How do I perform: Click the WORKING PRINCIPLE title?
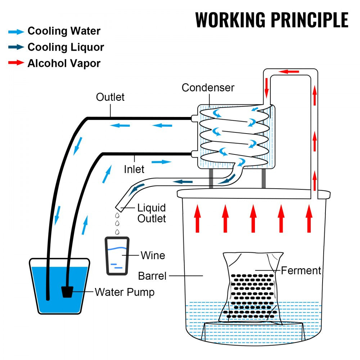click(x=272, y=20)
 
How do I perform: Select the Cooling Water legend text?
click(x=64, y=31)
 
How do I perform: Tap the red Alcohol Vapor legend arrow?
click(x=16, y=63)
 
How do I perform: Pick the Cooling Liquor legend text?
click(x=66, y=47)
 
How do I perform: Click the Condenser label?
click(x=208, y=87)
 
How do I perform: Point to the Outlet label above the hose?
click(x=110, y=97)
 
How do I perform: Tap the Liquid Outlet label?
click(x=152, y=213)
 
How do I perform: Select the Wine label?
click(x=153, y=255)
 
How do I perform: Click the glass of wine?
click(x=117, y=256)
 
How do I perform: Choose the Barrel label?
click(x=152, y=276)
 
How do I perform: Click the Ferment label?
click(x=301, y=270)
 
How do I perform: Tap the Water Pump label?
click(x=125, y=292)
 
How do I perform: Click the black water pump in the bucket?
click(x=67, y=292)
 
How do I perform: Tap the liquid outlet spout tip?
click(x=118, y=208)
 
